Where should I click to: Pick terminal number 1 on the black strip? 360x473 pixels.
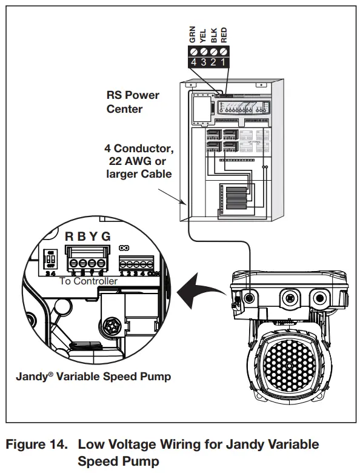tap(224, 62)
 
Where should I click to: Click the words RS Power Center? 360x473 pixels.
tap(133, 102)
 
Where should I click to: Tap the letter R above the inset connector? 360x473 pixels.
tap(70, 236)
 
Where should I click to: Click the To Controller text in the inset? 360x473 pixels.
tap(88, 281)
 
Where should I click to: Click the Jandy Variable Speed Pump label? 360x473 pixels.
tap(93, 377)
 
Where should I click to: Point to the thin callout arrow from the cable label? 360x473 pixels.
tap(173, 195)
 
